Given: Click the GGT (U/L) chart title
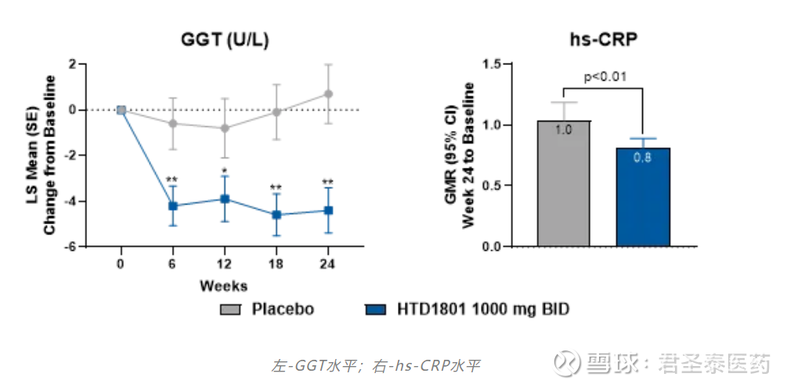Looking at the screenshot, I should coord(224,39).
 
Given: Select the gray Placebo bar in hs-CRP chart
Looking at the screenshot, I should coord(564,183).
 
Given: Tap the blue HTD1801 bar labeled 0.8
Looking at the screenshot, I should coord(643,197).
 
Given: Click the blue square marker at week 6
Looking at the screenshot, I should coord(172,205).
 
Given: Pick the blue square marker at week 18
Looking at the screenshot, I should coord(276,215).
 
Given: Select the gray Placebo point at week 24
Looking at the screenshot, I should coord(328,94).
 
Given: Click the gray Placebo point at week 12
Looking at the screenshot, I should coord(224,128).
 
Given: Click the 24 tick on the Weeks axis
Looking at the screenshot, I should coord(328,263).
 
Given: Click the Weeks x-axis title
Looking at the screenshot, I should coord(223,285).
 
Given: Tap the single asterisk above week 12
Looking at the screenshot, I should coord(224,171).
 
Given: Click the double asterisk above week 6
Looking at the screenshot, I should coord(172,179).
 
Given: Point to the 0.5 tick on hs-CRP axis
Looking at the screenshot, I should coord(492,186).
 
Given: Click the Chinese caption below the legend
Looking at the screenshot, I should coord(376,365).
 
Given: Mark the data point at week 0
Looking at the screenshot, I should coord(121,110).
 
